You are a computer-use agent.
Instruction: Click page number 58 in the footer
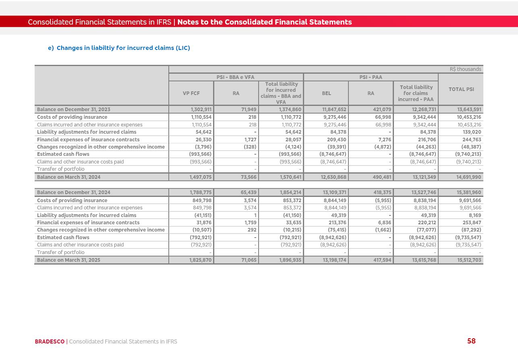(x=471, y=341)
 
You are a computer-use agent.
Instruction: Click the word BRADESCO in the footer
(x=50, y=341)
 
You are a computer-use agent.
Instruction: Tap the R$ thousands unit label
(x=465, y=69)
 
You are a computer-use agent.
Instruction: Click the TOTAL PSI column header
(x=461, y=89)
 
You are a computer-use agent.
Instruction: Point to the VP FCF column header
(x=191, y=93)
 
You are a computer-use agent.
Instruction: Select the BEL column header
(x=326, y=93)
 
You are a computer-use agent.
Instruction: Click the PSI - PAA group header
(x=371, y=77)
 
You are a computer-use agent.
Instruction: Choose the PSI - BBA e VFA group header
(x=236, y=77)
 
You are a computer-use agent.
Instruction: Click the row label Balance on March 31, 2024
(x=69, y=177)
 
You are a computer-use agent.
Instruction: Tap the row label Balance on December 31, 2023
(x=74, y=110)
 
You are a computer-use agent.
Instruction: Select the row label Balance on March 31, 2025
(x=69, y=260)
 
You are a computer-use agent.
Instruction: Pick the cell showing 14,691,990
(x=468, y=177)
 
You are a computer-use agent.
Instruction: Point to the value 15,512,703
(x=469, y=260)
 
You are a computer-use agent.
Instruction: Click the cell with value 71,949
(x=249, y=110)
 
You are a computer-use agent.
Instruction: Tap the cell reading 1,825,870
(x=200, y=260)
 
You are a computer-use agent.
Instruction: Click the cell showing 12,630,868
(x=334, y=177)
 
